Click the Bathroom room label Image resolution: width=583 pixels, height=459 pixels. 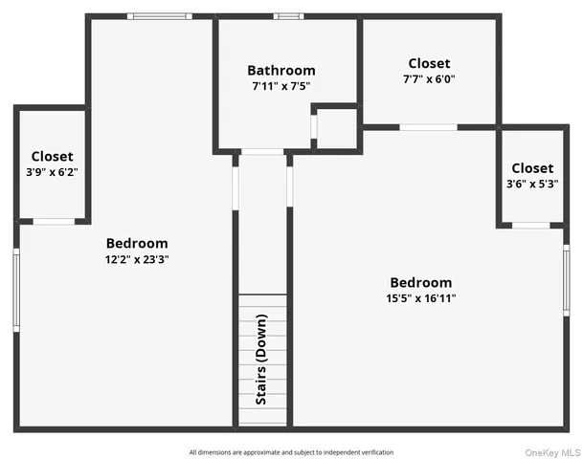(280, 70)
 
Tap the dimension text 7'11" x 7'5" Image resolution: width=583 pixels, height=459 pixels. (280, 86)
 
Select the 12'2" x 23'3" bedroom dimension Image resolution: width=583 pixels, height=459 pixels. (137, 259)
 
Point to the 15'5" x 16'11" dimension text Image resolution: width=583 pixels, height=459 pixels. (420, 298)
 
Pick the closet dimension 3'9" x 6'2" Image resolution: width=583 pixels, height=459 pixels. (52, 172)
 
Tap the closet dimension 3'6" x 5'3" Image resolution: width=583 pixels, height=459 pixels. (531, 184)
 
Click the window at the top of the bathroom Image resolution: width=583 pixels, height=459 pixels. (288, 16)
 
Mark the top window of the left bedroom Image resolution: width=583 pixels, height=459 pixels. (160, 16)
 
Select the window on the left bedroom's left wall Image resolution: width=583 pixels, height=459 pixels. (16, 289)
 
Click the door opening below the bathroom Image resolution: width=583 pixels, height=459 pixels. (262, 151)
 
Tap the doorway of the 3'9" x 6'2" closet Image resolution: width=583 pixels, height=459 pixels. (54, 221)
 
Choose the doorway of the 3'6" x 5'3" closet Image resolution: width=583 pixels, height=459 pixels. (530, 226)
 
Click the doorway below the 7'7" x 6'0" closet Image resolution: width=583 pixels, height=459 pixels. (428, 127)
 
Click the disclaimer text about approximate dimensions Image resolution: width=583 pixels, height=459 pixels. (291, 451)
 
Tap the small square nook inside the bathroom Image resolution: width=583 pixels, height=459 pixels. (336, 128)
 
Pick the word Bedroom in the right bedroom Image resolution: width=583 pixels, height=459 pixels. (420, 283)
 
